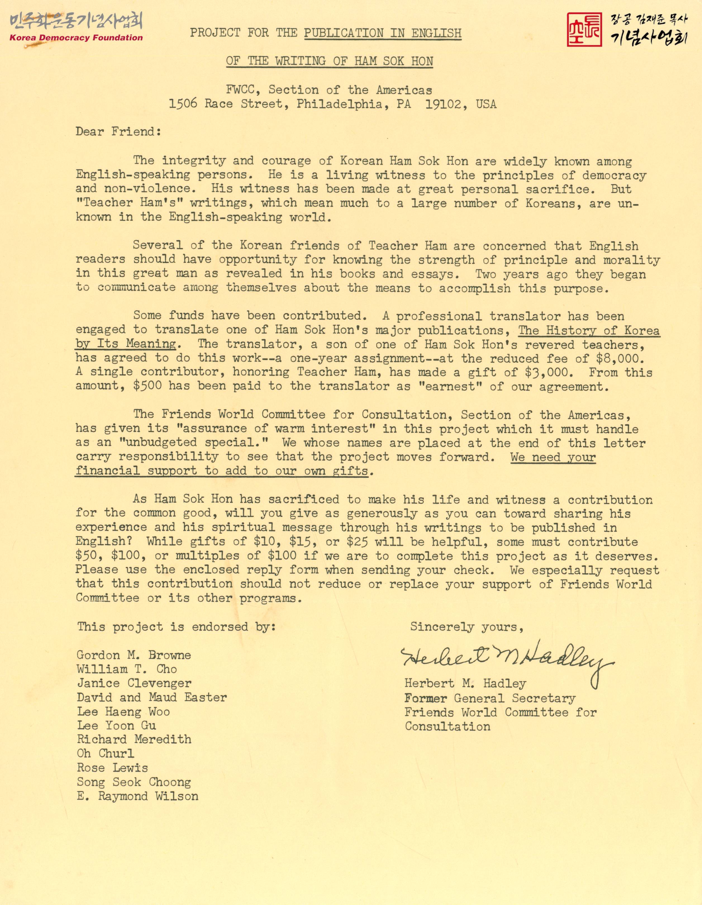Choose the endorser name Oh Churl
(x=106, y=753)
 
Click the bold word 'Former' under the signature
(x=426, y=698)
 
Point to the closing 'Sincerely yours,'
(x=467, y=626)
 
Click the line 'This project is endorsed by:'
(x=176, y=626)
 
